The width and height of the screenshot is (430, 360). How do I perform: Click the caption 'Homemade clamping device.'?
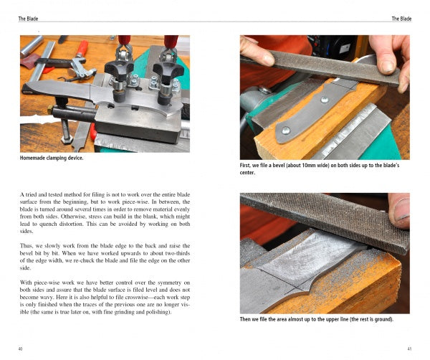(52, 158)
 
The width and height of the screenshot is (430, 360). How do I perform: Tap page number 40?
(20, 349)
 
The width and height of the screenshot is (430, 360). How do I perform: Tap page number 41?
(409, 349)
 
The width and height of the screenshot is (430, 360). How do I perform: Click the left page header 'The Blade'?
(28, 19)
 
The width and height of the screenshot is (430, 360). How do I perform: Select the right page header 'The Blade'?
(401, 19)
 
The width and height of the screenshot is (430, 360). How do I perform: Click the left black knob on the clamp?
(118, 68)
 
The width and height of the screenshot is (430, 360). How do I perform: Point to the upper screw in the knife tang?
(325, 100)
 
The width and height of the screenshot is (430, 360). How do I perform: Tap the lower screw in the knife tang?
(286, 131)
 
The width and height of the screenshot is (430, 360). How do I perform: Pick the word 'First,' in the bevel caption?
(245, 166)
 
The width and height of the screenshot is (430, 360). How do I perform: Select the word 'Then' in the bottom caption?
(245, 319)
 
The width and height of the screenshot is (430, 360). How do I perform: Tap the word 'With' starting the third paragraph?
(26, 283)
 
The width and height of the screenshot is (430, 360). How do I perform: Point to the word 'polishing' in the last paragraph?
(158, 312)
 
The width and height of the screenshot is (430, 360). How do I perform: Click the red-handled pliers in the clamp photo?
(76, 62)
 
